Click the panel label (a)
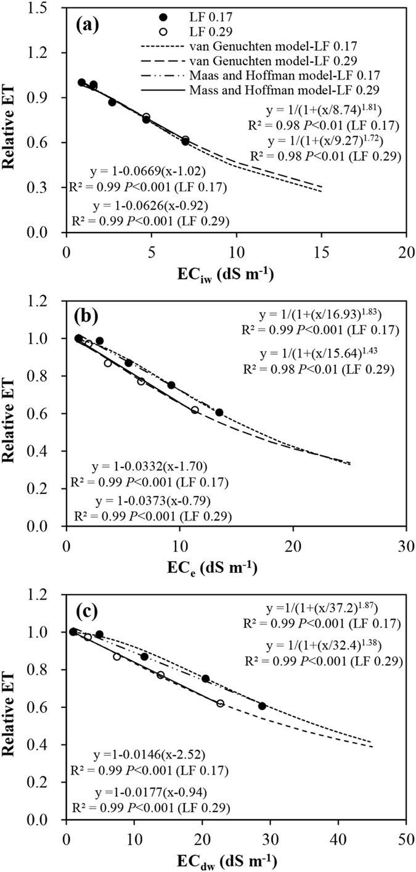point(88,27)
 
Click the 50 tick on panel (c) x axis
point(405,839)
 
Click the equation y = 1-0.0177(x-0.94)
point(157,792)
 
